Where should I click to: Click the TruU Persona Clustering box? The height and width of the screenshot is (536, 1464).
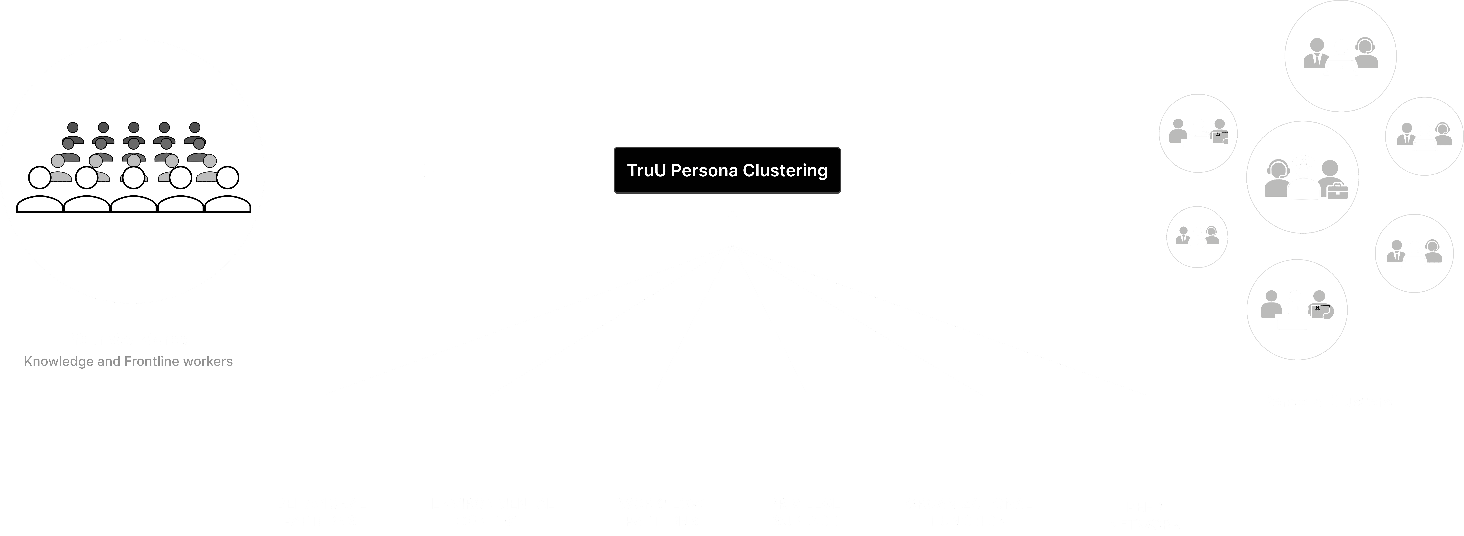pyautogui.click(x=727, y=170)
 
